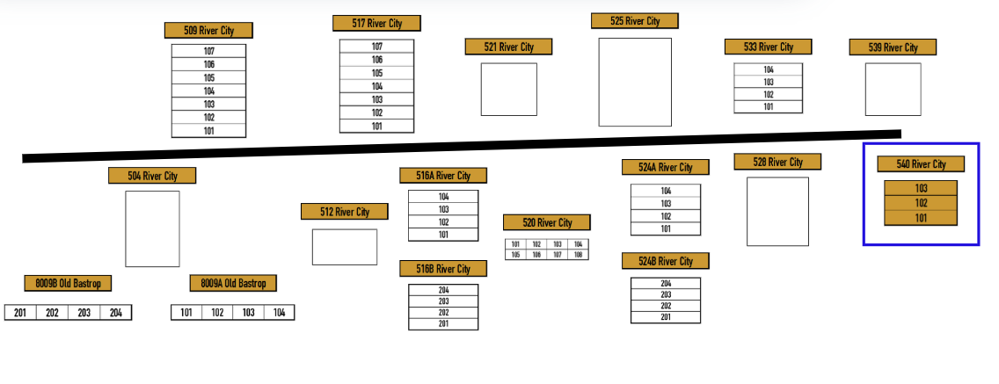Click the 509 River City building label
pyautogui.click(x=208, y=30)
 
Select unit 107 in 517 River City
pyautogui.click(x=376, y=47)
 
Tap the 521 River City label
pyautogui.click(x=508, y=47)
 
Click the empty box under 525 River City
pyautogui.click(x=634, y=82)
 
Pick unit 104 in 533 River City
pyautogui.click(x=768, y=69)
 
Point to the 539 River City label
pyautogui.click(x=893, y=47)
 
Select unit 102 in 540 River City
pyautogui.click(x=921, y=203)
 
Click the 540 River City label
pyautogui.click(x=921, y=164)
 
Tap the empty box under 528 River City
pyautogui.click(x=777, y=211)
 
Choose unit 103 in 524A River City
pyautogui.click(x=666, y=203)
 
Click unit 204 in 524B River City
pyautogui.click(x=666, y=283)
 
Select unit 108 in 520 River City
pyautogui.click(x=578, y=254)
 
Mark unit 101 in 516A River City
pyautogui.click(x=443, y=235)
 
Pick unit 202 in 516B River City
pyautogui.click(x=443, y=313)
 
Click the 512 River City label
pyautogui.click(x=345, y=212)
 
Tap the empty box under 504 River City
pyautogui.click(x=152, y=228)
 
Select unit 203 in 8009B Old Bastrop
pyautogui.click(x=84, y=313)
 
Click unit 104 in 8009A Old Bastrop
pyautogui.click(x=279, y=313)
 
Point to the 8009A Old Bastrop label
pyautogui.click(x=233, y=283)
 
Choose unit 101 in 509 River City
pyautogui.click(x=208, y=131)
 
